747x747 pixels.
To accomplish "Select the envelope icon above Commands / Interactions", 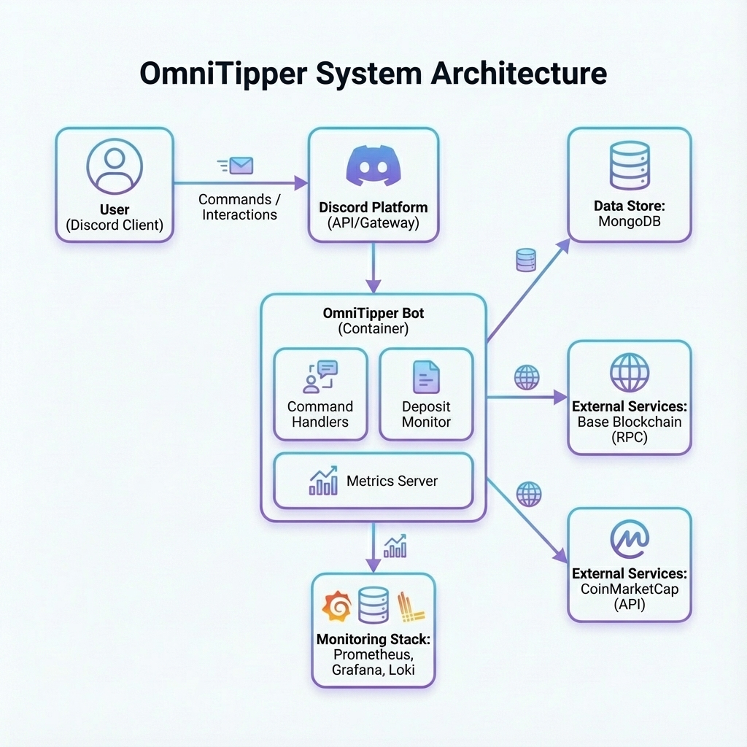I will coord(240,166).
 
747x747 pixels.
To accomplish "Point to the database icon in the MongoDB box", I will coord(629,166).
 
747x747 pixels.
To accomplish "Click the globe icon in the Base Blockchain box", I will coord(629,372).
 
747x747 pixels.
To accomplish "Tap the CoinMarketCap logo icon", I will coord(629,540).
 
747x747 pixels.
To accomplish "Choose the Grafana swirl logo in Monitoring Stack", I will coord(337,606).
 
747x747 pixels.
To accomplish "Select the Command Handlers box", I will coord(320,394).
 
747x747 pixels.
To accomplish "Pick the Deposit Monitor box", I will coord(426,394).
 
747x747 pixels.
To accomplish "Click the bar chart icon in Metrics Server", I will coord(323,481).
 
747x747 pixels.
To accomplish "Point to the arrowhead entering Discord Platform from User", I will coord(301,183).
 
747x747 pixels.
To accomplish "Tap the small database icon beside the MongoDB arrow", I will coord(526,260).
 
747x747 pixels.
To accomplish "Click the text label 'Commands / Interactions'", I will coord(239,206).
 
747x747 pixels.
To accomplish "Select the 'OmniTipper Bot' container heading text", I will coord(373,314).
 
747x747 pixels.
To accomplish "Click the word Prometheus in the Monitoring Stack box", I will coord(373,654).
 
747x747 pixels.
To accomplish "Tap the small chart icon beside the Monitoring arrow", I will coord(395,546).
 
